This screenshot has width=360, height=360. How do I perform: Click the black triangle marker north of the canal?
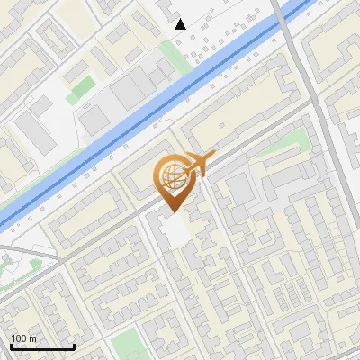(181, 24)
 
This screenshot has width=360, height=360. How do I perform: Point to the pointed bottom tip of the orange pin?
(174, 211)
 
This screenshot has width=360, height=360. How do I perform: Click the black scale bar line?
(42, 347)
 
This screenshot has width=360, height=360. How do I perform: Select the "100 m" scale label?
(23, 338)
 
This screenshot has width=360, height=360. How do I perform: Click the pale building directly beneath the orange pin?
(175, 229)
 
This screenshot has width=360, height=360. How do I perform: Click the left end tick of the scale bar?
(11, 346)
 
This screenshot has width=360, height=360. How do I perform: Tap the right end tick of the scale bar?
(74, 346)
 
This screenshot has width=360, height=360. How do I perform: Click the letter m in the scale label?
(33, 338)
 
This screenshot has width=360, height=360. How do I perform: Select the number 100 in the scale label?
(19, 338)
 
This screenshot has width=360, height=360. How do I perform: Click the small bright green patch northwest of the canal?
(81, 88)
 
